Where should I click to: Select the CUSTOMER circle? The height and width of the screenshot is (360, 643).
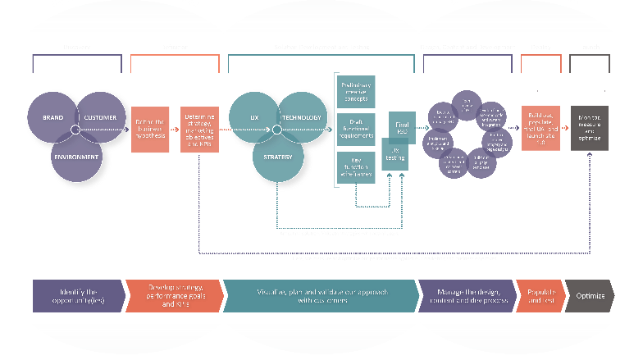(102, 118)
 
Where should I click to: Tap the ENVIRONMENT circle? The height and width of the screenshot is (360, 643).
(76, 156)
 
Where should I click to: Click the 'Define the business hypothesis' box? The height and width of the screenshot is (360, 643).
(150, 130)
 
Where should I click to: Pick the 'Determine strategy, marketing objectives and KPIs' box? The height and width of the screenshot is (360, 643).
(199, 130)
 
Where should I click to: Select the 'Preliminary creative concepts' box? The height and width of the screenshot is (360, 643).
(355, 91)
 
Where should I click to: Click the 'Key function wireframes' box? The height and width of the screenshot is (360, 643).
(355, 166)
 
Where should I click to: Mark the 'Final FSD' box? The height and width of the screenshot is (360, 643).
(401, 125)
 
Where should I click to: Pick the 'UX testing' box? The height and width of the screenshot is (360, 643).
(394, 154)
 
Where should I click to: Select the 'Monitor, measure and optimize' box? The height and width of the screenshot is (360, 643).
(590, 130)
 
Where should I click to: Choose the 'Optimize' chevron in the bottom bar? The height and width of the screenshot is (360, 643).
(590, 296)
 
